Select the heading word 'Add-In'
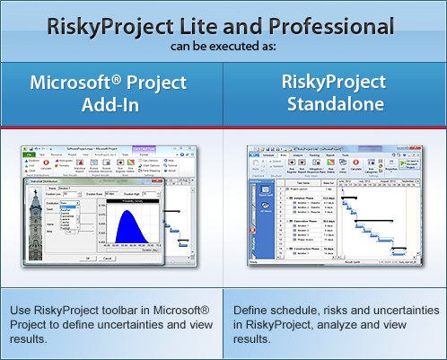108,106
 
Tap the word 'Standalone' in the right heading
336,106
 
